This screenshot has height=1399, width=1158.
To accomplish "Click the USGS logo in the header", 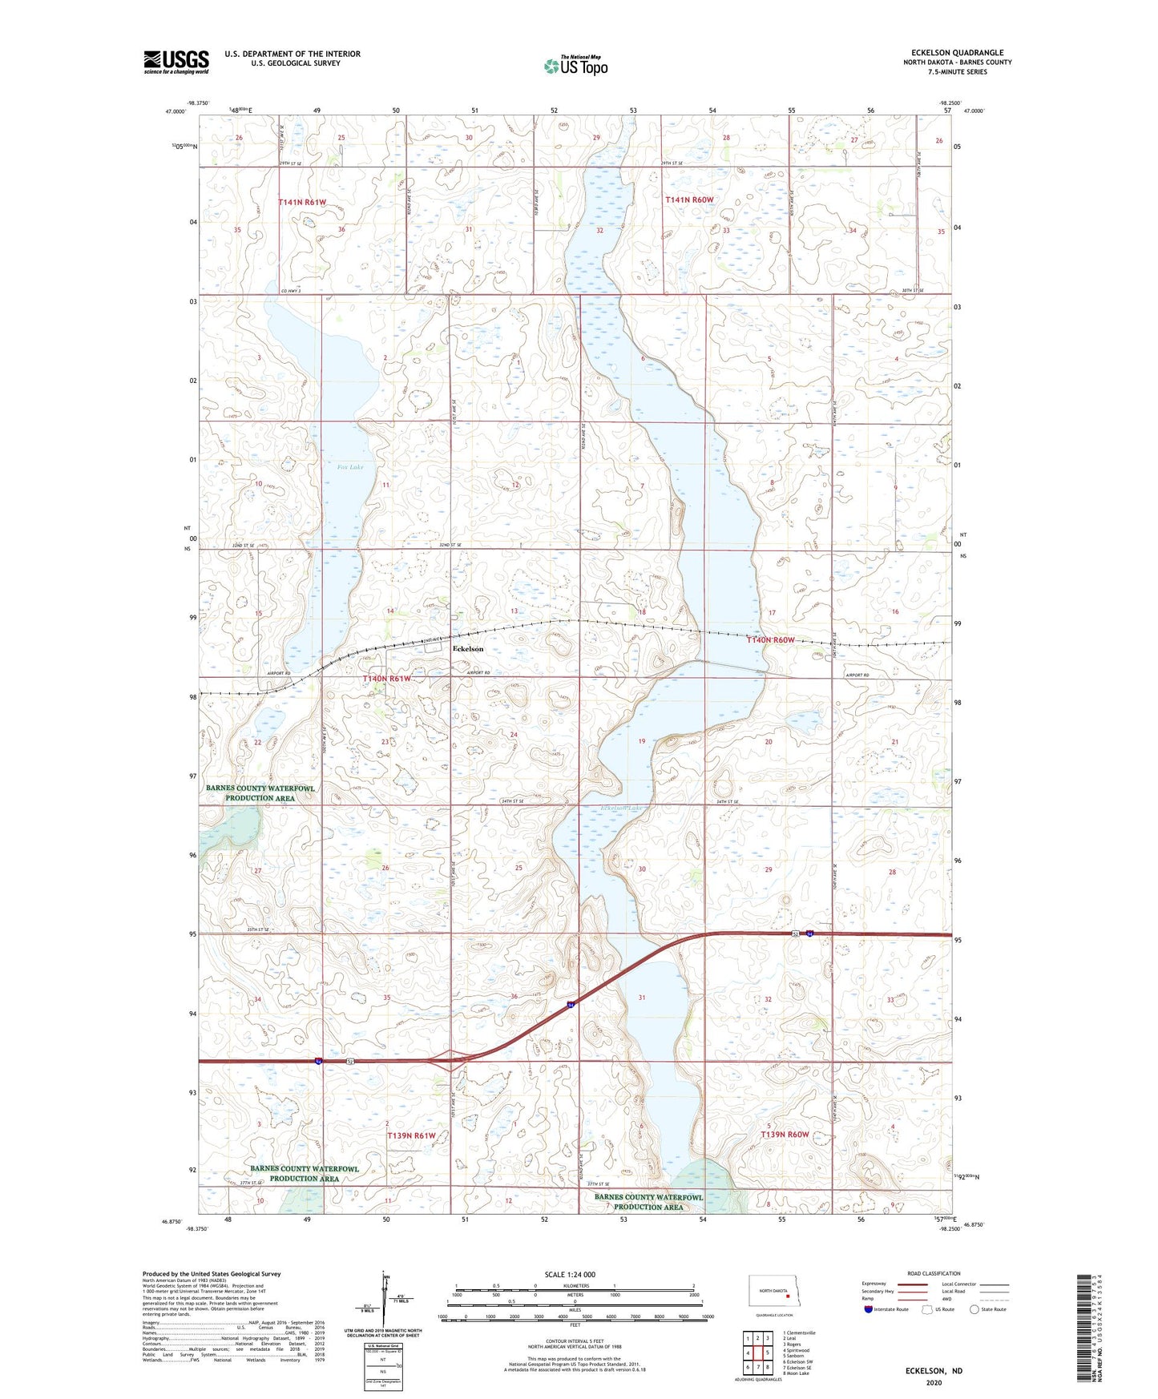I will click(176, 61).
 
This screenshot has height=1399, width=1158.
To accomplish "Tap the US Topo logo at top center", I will click(575, 66).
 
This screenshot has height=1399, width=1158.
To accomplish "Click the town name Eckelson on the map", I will click(468, 648).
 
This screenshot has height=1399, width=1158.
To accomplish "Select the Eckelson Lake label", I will click(622, 808).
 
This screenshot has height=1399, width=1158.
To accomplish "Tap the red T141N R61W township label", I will click(302, 203).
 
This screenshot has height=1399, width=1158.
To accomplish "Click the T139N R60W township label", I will click(785, 1135).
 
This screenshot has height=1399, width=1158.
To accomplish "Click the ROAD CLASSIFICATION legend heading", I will click(934, 1273).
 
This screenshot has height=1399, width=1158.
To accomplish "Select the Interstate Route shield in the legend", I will click(869, 1309).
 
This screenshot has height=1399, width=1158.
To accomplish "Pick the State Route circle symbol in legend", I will click(974, 1309).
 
